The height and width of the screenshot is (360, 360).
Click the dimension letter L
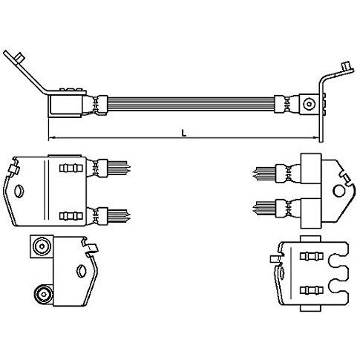click(183, 134)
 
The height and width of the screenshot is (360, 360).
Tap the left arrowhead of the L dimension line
click(51, 137)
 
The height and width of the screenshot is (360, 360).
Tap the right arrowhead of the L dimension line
click(315, 137)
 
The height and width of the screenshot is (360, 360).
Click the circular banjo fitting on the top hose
click(309, 104)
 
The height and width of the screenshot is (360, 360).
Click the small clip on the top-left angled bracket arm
click(19, 58)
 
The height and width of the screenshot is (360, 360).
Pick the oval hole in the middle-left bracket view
click(19, 192)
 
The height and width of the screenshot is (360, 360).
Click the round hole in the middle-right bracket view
click(339, 192)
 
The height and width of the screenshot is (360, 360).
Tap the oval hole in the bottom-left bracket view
click(81, 270)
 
